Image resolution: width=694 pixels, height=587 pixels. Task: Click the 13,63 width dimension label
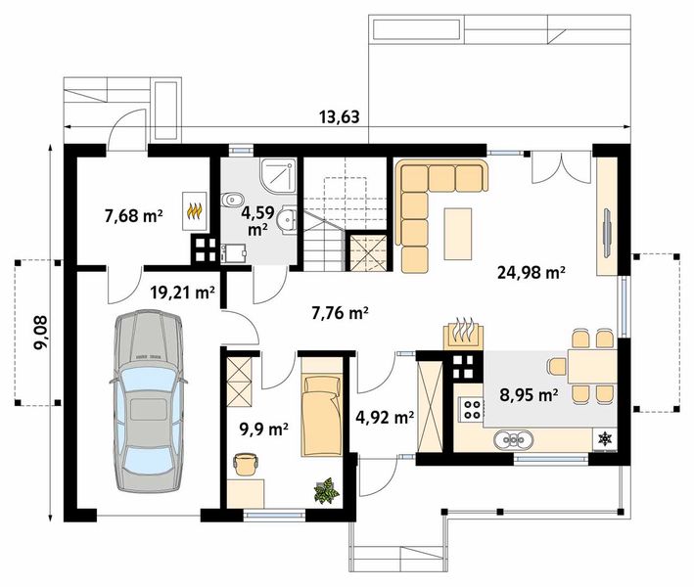tap(339, 117)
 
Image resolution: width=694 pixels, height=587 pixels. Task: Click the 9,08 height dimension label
tap(42, 333)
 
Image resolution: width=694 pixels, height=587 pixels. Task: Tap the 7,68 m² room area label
tap(134, 216)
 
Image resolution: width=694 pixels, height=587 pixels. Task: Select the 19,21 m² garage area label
tap(182, 292)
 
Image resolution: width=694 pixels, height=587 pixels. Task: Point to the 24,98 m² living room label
tap(532, 272)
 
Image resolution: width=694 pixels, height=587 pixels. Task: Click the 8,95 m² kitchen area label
tap(529, 394)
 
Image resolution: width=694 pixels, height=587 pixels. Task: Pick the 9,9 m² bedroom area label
tap(263, 429)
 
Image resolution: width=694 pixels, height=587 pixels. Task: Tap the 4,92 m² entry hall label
tap(385, 417)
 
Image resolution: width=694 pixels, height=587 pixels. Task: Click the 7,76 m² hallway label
tap(340, 313)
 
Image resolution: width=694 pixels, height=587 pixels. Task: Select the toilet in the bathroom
tap(232, 201)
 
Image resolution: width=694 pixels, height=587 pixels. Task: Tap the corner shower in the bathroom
tap(278, 176)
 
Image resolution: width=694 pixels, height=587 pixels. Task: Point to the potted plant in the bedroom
tap(327, 490)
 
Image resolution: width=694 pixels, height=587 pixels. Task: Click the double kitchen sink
tap(514, 439)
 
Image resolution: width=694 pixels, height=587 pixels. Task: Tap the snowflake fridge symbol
tap(605, 439)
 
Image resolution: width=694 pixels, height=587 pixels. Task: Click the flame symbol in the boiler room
tap(195, 210)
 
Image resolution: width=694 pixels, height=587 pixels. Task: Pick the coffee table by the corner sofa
tap(458, 234)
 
